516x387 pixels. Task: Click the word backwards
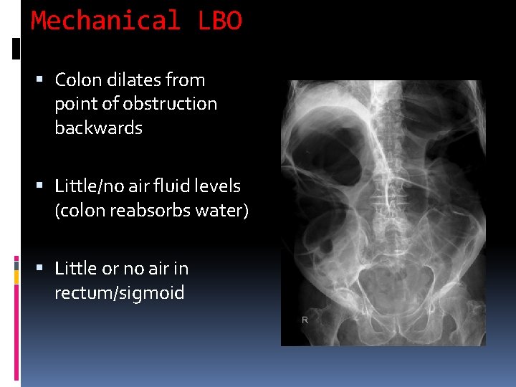[98, 128]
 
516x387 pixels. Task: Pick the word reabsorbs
[150, 211]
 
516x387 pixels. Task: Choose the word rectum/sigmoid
[119, 293]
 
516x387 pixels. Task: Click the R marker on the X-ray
[305, 320]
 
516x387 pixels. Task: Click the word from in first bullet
[185, 80]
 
